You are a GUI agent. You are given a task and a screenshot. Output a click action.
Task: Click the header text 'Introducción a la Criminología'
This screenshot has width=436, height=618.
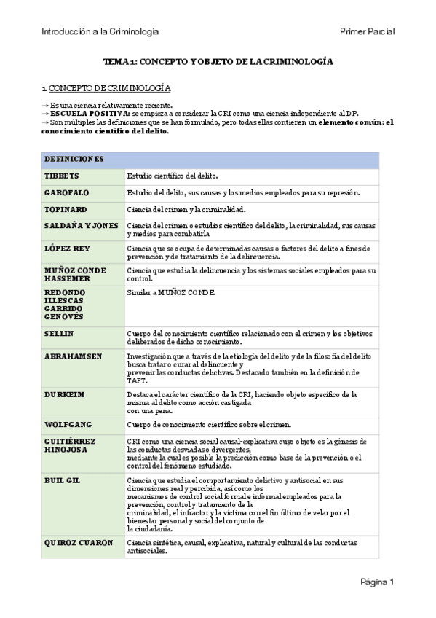click(x=100, y=31)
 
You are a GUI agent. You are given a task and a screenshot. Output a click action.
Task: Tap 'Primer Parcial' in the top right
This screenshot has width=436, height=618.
click(x=367, y=31)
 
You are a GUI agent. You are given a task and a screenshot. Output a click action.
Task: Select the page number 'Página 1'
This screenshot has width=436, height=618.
click(x=377, y=582)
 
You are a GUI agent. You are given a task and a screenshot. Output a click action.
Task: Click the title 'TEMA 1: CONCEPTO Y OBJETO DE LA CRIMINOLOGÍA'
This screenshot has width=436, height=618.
click(x=218, y=63)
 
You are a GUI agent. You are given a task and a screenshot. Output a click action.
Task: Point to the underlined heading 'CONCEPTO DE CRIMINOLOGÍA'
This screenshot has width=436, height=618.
click(x=110, y=88)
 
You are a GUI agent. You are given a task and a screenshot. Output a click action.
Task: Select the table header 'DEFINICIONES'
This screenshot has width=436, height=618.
click(x=74, y=159)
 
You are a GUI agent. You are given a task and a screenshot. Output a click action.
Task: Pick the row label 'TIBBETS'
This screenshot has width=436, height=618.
click(x=62, y=176)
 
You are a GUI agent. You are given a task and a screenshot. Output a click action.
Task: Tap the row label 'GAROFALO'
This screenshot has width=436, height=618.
click(x=68, y=193)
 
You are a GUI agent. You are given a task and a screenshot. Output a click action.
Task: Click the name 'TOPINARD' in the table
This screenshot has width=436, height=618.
click(x=67, y=210)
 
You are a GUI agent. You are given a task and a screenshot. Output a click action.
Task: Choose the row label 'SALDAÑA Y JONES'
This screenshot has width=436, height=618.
click(x=82, y=226)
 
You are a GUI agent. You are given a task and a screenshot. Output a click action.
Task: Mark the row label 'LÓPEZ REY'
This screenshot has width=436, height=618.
click(x=68, y=249)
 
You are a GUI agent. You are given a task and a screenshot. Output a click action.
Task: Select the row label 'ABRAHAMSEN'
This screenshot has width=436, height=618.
click(x=73, y=356)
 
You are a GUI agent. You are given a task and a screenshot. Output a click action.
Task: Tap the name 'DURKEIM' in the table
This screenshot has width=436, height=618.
click(x=65, y=394)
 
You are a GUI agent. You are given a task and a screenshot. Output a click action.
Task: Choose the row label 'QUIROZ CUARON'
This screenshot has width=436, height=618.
click(x=79, y=543)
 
